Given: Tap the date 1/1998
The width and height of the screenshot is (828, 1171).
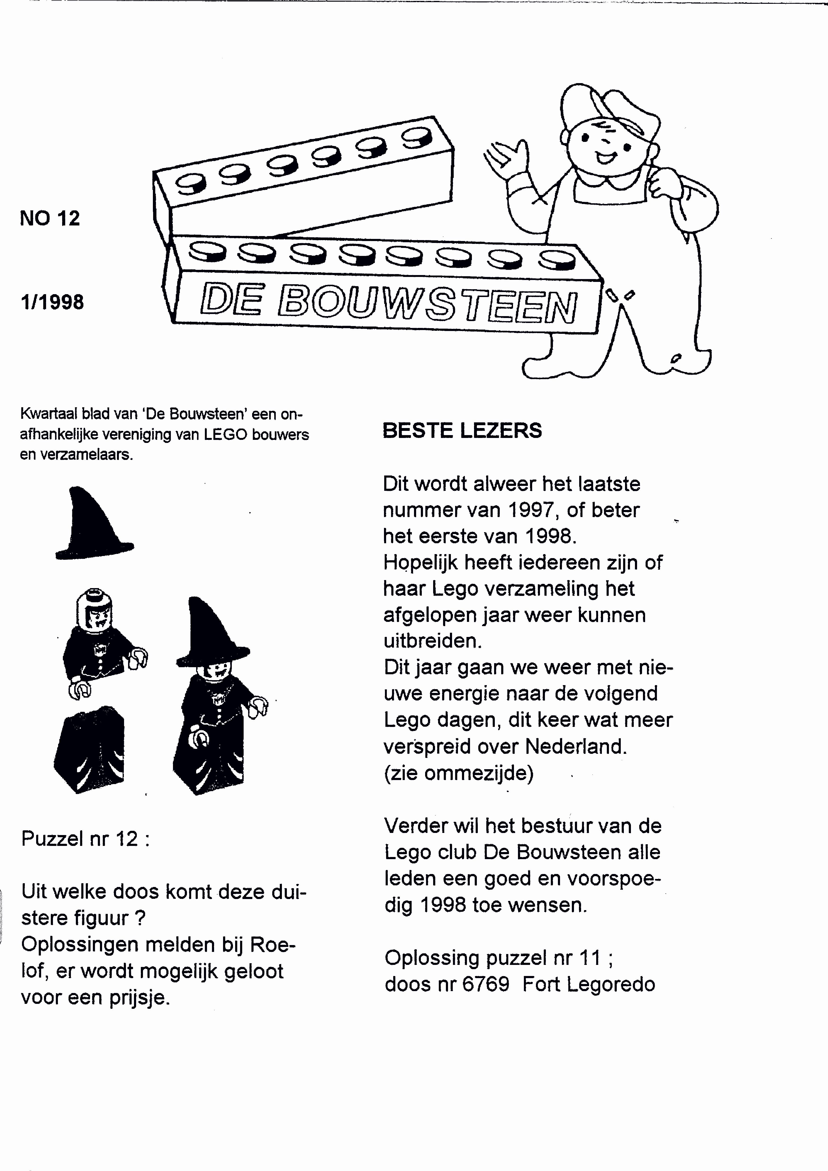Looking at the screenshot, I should (x=52, y=302).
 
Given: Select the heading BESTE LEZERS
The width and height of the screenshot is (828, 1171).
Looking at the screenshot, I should (x=462, y=430).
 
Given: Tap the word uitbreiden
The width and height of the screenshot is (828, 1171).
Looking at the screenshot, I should (x=433, y=641).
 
